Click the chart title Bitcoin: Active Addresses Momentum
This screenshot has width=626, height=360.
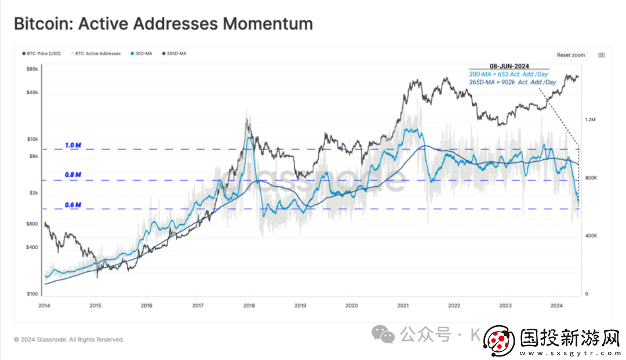point(163,24)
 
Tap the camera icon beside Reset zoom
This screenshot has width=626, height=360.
point(602,55)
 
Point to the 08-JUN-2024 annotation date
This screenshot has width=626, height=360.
point(509,67)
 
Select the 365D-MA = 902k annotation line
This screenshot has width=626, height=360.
point(512,82)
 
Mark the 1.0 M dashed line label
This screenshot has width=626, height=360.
point(73,145)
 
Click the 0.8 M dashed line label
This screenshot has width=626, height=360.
point(73,174)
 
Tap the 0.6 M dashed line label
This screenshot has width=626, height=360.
point(73,205)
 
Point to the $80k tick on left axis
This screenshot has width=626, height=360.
point(32,70)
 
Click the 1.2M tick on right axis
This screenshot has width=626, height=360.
point(591,119)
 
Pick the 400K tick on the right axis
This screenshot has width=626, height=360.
point(591,236)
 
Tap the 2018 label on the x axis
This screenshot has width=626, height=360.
point(249,306)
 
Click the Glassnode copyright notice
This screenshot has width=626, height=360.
point(69,340)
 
